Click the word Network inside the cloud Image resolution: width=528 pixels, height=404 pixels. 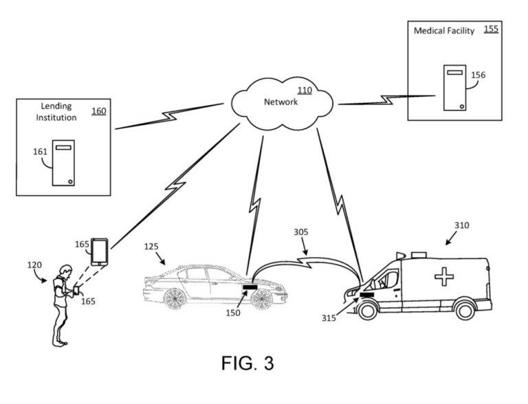click(x=280, y=102)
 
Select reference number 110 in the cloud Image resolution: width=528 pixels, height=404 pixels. click(x=303, y=90)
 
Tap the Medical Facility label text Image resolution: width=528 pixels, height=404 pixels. click(x=443, y=31)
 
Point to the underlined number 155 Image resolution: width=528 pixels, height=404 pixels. click(x=491, y=30)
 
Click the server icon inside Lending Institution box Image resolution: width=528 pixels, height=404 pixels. click(x=64, y=163)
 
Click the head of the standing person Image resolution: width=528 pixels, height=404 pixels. click(x=63, y=270)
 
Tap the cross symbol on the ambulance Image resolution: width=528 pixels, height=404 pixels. click(x=443, y=276)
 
